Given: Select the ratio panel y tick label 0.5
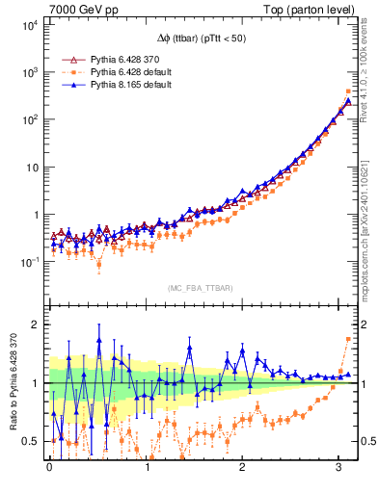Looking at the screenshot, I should coord(32,442).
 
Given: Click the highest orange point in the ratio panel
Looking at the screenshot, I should coord(348,339).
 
